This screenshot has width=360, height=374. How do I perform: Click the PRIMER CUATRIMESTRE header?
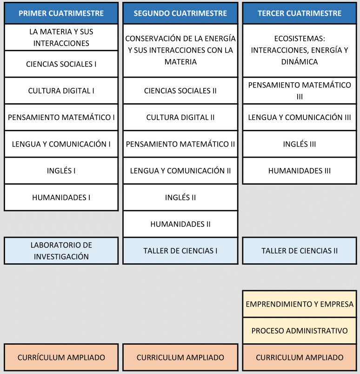[61, 13]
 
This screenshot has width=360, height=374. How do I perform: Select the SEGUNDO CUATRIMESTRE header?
[180, 13]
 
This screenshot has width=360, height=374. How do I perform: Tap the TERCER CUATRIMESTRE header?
[300, 13]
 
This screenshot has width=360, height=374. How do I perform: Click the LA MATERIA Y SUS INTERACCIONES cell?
[61, 38]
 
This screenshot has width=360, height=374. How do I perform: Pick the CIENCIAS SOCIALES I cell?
[61, 64]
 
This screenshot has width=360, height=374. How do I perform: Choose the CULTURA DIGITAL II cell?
[180, 117]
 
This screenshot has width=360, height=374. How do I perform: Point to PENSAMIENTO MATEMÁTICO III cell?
[300, 91]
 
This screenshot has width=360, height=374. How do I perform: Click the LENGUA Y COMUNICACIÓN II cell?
[180, 171]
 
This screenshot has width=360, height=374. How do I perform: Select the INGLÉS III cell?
[300, 144]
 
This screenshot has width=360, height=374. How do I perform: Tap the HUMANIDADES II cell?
[180, 224]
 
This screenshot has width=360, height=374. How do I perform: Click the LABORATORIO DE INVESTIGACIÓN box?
[61, 251]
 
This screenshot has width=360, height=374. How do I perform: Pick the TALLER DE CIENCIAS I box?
[180, 251]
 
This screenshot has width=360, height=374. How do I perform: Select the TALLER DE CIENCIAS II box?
[300, 251]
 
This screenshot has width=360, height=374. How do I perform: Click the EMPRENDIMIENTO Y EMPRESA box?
[300, 304]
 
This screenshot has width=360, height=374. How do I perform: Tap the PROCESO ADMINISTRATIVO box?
[300, 331]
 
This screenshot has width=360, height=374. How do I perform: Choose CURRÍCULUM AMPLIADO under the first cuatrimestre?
[61, 357]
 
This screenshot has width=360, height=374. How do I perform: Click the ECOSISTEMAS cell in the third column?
[300, 51]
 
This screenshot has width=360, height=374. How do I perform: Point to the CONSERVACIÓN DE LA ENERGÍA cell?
[180, 51]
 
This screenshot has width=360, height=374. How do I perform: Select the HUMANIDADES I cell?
[61, 197]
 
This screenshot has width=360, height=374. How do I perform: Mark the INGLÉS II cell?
[180, 197]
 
